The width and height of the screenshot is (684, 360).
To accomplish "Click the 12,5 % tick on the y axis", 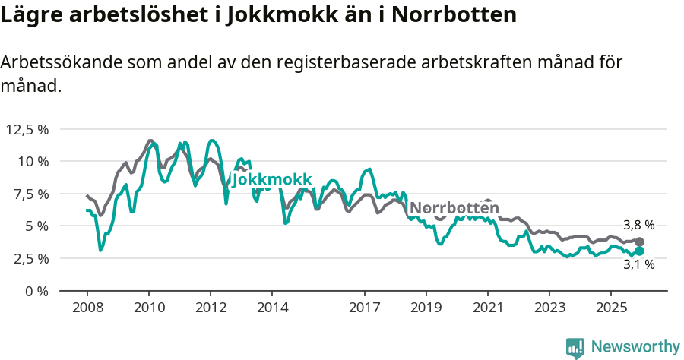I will (27, 129).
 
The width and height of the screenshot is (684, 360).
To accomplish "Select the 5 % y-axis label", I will (36, 226).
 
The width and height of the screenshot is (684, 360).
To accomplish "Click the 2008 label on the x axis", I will (87, 309).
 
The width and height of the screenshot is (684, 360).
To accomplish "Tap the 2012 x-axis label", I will (210, 309).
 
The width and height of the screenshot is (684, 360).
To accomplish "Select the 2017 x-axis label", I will (364, 309).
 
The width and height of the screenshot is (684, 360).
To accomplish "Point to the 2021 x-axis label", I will (487, 309).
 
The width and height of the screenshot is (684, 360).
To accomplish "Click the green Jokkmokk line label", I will (271, 179).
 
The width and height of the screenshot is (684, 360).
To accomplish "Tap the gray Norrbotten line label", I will (454, 208).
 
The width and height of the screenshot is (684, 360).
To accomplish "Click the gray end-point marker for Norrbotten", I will (639, 242).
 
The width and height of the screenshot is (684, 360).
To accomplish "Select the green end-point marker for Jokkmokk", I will (639, 251).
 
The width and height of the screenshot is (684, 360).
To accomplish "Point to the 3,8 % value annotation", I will (638, 226).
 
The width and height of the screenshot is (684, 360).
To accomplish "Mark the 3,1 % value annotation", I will (638, 265).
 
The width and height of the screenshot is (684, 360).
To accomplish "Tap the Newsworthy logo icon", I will (575, 348).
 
